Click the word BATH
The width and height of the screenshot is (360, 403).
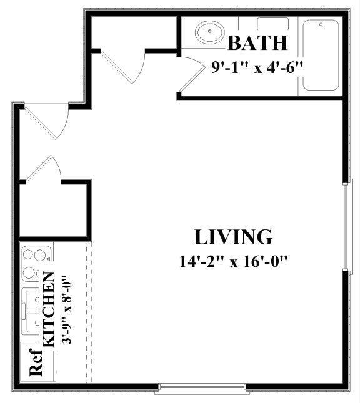pos(257,43)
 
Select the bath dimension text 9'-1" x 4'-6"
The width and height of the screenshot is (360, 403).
pos(257,66)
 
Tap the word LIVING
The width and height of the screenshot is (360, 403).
pos(234,237)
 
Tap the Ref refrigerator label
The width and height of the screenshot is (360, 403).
pos(36,366)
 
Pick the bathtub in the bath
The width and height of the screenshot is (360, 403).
pos(320,54)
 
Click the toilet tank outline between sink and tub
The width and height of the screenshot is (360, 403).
pos(272,24)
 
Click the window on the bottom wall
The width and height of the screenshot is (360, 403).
pos(201,388)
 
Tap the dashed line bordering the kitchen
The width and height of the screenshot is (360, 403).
pos(92,312)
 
